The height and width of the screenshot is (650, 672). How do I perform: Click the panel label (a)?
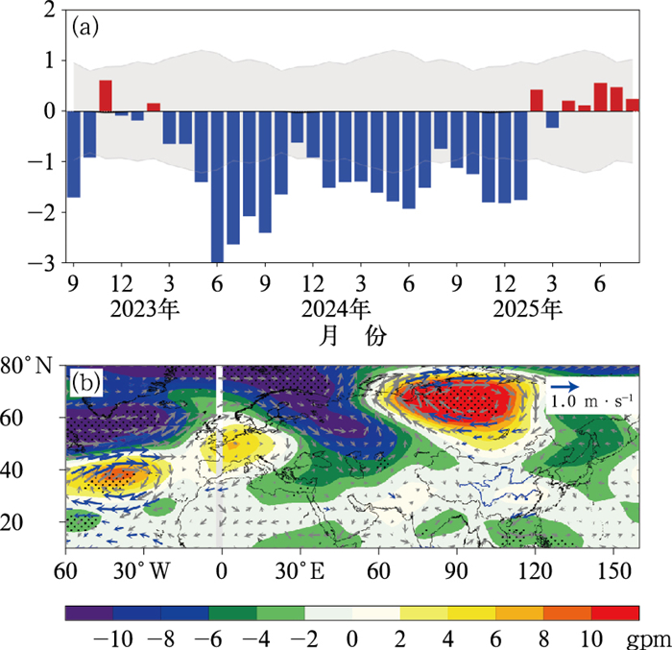click(x=84, y=27)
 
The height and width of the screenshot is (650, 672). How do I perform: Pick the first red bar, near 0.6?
click(x=106, y=96)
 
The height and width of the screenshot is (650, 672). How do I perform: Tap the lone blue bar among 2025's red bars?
click(x=552, y=119)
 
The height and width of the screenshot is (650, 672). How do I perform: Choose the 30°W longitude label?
click(x=136, y=568)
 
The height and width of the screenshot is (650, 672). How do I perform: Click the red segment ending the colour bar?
click(x=615, y=612)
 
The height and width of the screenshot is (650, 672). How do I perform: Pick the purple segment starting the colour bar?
click(x=88, y=612)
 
